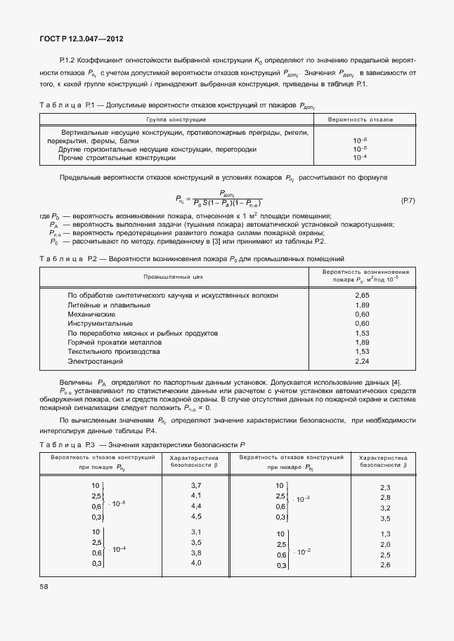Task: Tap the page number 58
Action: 46,583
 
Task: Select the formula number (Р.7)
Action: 408,201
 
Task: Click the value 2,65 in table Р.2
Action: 362,296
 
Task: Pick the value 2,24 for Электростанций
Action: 362,361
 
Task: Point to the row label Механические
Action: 91,315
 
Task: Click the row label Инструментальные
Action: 100,324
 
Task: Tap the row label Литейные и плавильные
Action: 108,305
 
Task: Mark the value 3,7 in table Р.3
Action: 196,486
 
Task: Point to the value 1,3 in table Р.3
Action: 384,534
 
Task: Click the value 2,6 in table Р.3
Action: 384,565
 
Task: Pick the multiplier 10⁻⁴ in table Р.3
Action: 118,548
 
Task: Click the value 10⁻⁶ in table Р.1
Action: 360,140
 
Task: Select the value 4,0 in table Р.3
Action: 196,562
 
